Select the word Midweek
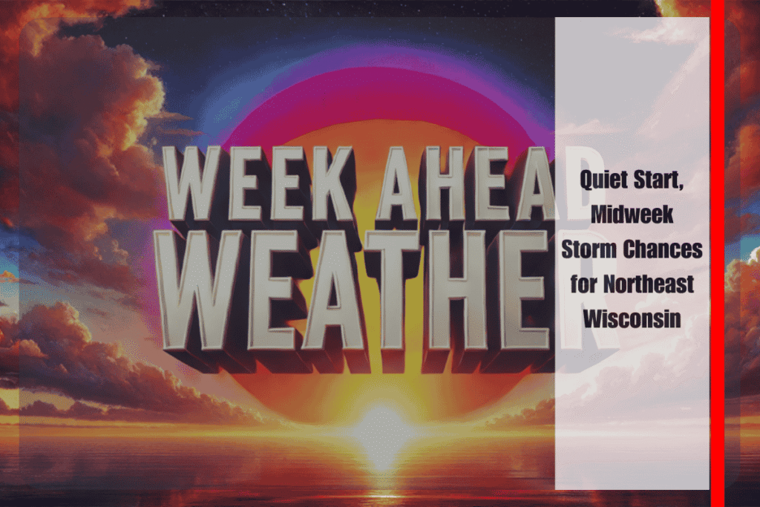632,215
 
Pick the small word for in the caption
583,284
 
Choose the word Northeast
649,284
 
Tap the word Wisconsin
632,319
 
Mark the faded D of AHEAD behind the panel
579,183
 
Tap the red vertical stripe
718,254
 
